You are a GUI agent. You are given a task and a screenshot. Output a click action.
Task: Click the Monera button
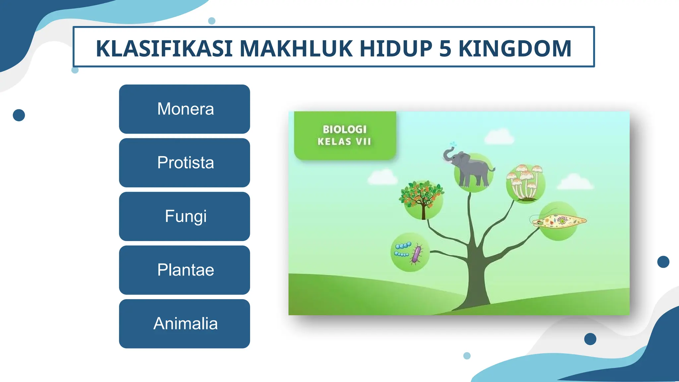pos(184,109)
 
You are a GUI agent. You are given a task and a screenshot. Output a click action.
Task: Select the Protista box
pos(184,163)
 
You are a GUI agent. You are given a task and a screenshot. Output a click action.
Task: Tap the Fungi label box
pos(184,217)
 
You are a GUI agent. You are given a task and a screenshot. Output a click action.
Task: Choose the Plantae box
pos(184,270)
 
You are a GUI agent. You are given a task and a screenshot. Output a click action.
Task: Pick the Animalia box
pos(184,324)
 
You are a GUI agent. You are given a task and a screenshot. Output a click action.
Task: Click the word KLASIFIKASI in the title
pos(164,48)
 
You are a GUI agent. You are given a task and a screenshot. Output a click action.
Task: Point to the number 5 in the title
pos(445,48)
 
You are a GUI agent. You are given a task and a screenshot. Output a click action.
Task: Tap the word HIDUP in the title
pos(396,48)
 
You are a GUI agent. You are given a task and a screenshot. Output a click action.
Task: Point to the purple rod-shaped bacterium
pos(416,254)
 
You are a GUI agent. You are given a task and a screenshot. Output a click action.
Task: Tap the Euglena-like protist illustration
pos(560,221)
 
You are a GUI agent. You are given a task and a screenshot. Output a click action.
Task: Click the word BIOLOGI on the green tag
pos(345,129)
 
